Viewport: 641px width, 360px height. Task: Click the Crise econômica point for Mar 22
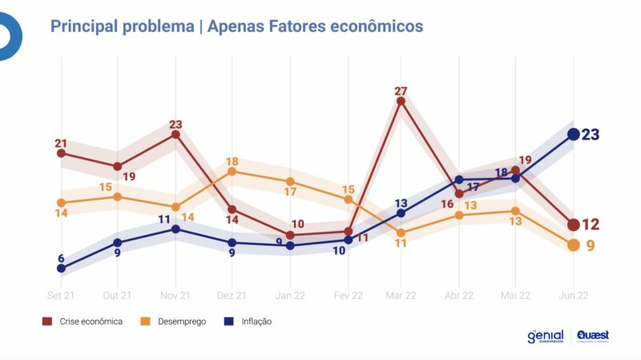(x=401, y=101)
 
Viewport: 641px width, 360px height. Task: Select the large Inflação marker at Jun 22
(x=574, y=135)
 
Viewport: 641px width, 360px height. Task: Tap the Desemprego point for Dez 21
(x=232, y=171)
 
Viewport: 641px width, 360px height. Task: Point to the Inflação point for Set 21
(x=61, y=268)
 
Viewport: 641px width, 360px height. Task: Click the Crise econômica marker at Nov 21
(x=175, y=135)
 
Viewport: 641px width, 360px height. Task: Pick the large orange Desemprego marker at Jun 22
(x=574, y=245)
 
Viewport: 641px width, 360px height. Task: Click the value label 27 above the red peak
(x=401, y=90)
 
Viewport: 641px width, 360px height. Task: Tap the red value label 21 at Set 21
(x=61, y=144)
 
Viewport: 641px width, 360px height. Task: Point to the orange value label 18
(x=232, y=160)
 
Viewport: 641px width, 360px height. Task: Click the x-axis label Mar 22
(x=401, y=295)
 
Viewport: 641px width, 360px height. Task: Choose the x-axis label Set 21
(x=61, y=295)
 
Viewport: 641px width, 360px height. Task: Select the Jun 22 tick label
(x=574, y=295)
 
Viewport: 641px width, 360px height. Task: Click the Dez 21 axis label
(x=232, y=295)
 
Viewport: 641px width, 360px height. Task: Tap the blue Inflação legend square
(x=228, y=322)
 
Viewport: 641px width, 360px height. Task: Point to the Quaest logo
(x=592, y=337)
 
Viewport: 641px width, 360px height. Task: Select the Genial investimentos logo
(x=545, y=337)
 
